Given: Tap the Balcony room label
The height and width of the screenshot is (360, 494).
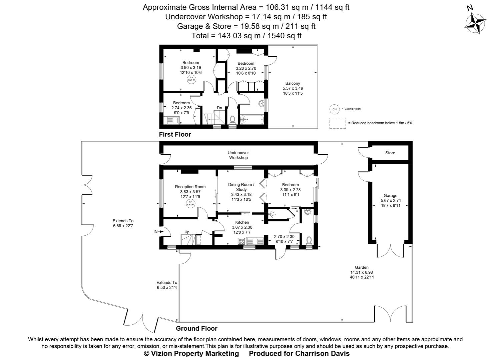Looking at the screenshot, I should pos(292,83).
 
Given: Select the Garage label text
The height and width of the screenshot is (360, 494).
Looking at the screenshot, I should pos(390,196).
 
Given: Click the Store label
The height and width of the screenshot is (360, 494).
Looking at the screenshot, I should pos(390,153).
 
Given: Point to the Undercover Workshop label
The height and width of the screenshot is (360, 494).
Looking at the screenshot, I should pos(238,155).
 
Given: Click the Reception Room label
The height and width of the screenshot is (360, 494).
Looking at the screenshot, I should pos(190,187).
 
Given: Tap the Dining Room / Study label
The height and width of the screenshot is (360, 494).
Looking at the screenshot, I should pos(241,187).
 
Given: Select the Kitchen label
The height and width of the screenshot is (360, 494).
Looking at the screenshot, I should pos(242,222).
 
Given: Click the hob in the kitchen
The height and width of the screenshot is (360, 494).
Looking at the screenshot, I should pos(241,241).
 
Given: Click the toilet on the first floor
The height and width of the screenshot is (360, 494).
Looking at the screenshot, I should pos(232,119).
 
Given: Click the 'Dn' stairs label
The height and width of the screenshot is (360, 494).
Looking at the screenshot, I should pos(219,108).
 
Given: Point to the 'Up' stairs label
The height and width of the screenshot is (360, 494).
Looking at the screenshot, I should pos(187,232).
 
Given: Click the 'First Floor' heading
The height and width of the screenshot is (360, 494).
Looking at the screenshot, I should pos(175,134).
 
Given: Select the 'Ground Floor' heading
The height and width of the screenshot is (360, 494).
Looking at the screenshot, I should pos(196,328).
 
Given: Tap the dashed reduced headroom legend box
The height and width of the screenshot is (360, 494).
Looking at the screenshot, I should pos(337,123).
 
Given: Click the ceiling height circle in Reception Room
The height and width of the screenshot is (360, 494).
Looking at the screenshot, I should pos(190,203).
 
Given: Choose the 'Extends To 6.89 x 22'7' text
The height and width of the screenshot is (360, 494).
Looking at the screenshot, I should pos(123,223).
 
